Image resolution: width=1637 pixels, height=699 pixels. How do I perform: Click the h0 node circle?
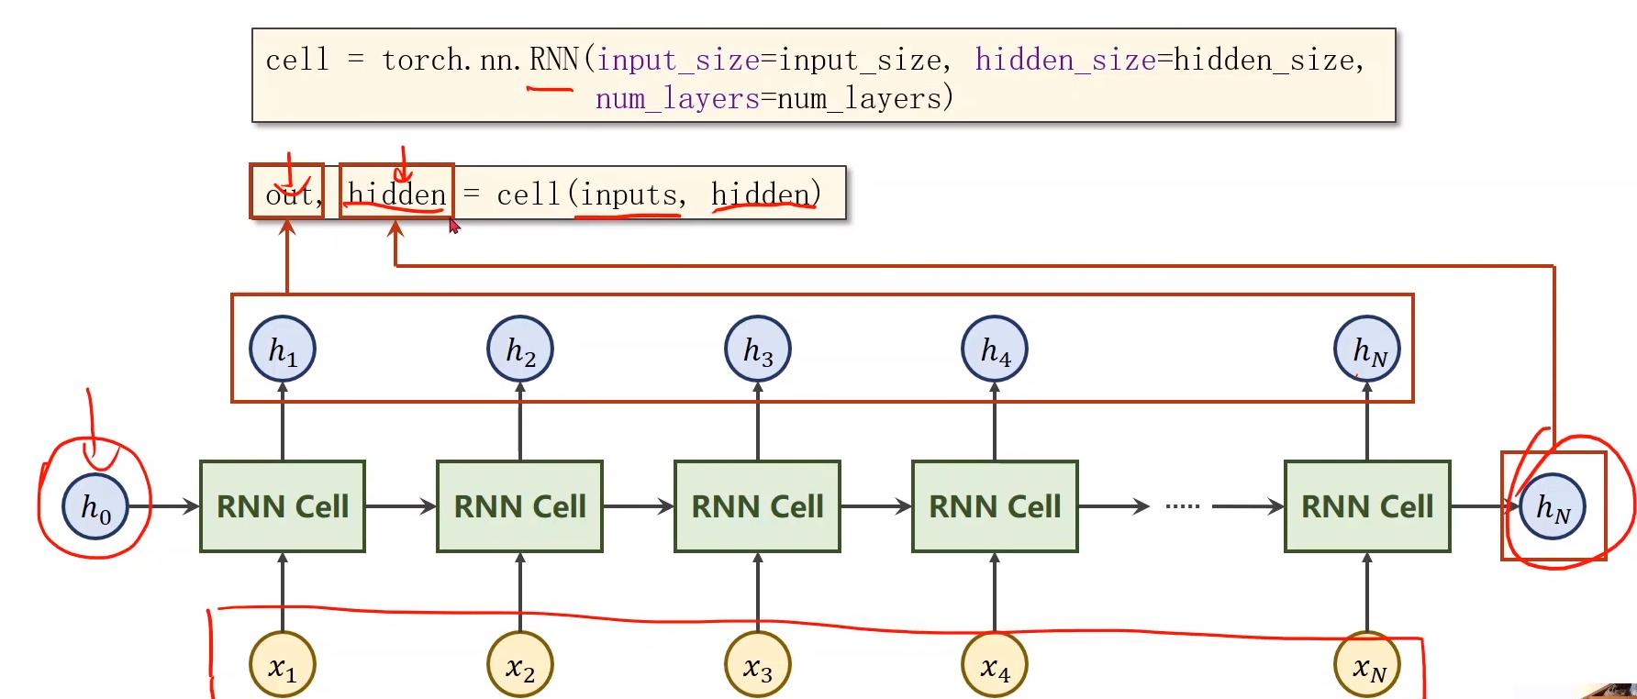point(95,506)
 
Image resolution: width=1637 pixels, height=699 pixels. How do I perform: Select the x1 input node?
point(283,665)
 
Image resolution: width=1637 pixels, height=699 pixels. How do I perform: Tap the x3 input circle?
point(758,665)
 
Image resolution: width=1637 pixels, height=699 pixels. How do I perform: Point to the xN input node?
point(1367,665)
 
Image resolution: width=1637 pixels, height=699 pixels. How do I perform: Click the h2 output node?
point(520,349)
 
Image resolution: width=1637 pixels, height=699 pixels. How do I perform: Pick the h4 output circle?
point(995,349)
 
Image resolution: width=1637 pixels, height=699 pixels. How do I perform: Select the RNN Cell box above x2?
point(520,506)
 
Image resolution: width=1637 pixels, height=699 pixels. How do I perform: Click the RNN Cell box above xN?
point(1367,506)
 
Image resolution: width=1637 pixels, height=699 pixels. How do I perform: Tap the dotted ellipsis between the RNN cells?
point(1182,506)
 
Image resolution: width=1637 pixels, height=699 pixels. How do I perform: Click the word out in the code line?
point(288,194)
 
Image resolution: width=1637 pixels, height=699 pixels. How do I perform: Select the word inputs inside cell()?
point(629,194)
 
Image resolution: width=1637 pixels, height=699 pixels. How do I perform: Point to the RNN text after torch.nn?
point(553,61)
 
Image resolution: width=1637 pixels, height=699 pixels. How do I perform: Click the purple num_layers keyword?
point(677,98)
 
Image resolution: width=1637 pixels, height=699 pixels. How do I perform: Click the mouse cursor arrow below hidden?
point(453,226)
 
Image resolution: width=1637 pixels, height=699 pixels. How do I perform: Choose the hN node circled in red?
point(1553,506)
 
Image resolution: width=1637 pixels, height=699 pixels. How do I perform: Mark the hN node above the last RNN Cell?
point(1367,349)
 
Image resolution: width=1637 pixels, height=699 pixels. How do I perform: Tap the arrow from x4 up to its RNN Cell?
point(995,592)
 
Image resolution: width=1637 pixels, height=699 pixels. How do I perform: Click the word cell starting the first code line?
point(296,61)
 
